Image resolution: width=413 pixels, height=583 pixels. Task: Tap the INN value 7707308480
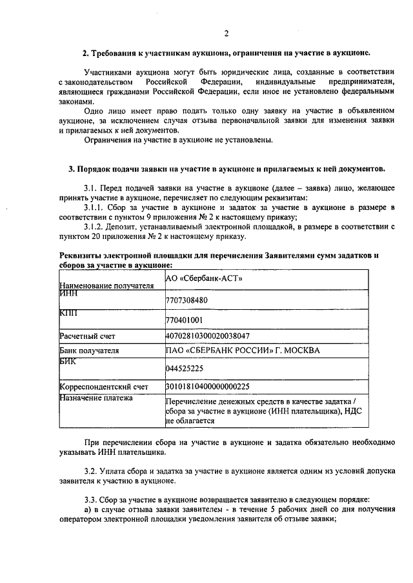(x=188, y=300)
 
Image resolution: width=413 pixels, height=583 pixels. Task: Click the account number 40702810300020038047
(x=208, y=336)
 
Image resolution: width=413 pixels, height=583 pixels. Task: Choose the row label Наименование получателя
(x=106, y=284)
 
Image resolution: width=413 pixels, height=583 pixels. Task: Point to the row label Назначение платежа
(x=96, y=398)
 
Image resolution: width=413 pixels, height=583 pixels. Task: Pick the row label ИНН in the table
(x=68, y=293)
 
